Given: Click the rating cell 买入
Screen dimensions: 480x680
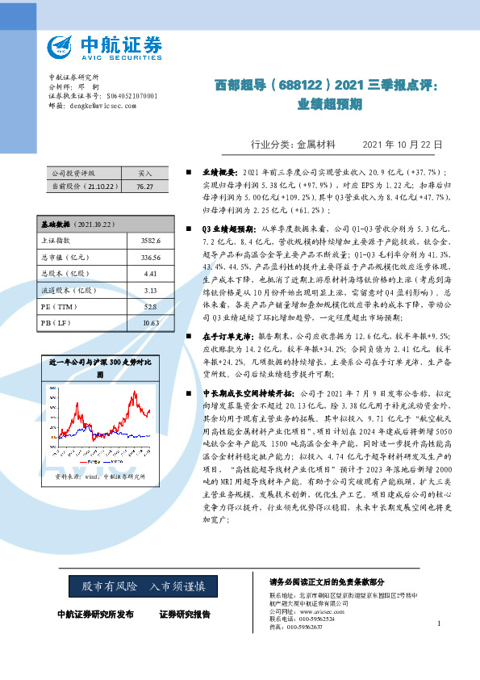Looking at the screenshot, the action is (145, 174).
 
